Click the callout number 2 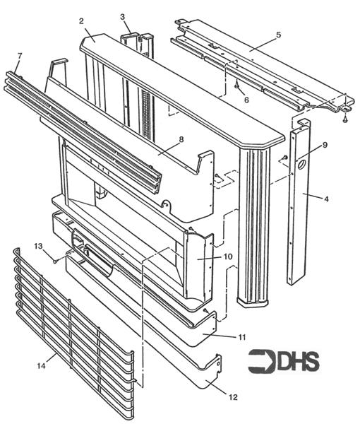81,20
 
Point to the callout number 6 246,101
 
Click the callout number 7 19,55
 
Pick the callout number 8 181,140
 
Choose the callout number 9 325,146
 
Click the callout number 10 229,257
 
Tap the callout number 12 234,397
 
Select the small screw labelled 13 54,260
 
